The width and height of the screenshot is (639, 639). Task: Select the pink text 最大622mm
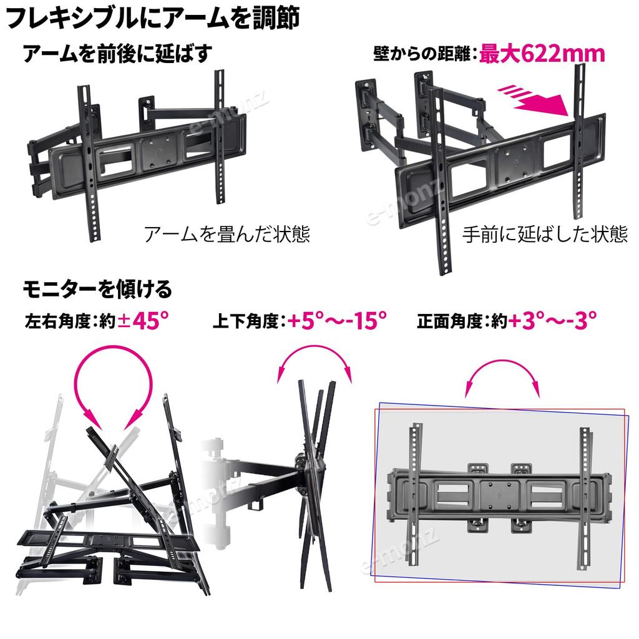pos(542,54)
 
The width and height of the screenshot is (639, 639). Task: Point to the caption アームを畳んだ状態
pos(227,234)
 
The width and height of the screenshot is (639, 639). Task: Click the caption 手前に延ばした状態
pos(545,234)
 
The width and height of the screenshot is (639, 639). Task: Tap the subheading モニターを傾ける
pos(97,289)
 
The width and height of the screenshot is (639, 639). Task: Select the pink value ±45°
pos(143,320)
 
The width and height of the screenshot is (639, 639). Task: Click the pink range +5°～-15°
pos(337,320)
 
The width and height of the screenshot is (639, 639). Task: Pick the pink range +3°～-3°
pos(553,320)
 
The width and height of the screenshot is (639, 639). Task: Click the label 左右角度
pos(57,321)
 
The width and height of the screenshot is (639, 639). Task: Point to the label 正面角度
pos(450,321)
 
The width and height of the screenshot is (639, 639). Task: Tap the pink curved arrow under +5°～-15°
pos(315,349)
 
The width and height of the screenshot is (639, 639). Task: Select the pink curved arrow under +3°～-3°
pos(502,362)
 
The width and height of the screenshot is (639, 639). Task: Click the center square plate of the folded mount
pos(160,153)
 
